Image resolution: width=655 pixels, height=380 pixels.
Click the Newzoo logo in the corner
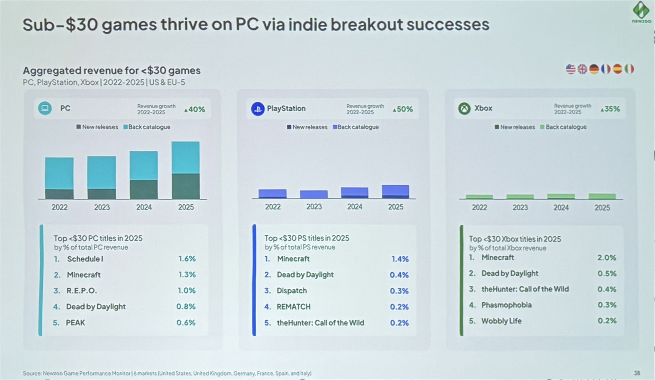(641, 12)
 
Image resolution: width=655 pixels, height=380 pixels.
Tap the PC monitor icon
(45, 108)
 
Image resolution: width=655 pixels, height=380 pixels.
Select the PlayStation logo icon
(258, 109)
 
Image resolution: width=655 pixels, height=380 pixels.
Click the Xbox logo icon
(464, 109)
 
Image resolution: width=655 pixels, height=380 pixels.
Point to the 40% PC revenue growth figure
(195, 109)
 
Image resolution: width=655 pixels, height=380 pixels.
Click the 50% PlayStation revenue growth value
(403, 109)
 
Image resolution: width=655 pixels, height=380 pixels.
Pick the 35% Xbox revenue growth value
(610, 109)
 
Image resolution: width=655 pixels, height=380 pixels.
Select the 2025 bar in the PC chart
(186, 170)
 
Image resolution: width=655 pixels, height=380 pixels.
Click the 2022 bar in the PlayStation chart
(272, 194)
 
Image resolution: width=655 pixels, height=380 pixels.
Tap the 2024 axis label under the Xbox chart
(561, 207)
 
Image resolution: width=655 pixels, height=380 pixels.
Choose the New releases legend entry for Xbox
(515, 127)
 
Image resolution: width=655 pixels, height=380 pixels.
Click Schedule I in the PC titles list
(85, 259)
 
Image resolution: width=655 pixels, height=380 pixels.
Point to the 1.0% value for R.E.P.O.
(187, 291)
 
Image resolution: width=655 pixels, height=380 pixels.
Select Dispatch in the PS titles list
(292, 291)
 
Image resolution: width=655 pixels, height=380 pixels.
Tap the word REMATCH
(293, 307)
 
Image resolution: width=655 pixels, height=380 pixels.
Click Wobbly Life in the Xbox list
(501, 321)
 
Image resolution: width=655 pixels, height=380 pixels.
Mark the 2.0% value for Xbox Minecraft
(607, 258)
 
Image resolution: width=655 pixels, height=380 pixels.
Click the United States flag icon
(570, 69)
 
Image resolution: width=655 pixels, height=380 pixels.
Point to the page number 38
(637, 373)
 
